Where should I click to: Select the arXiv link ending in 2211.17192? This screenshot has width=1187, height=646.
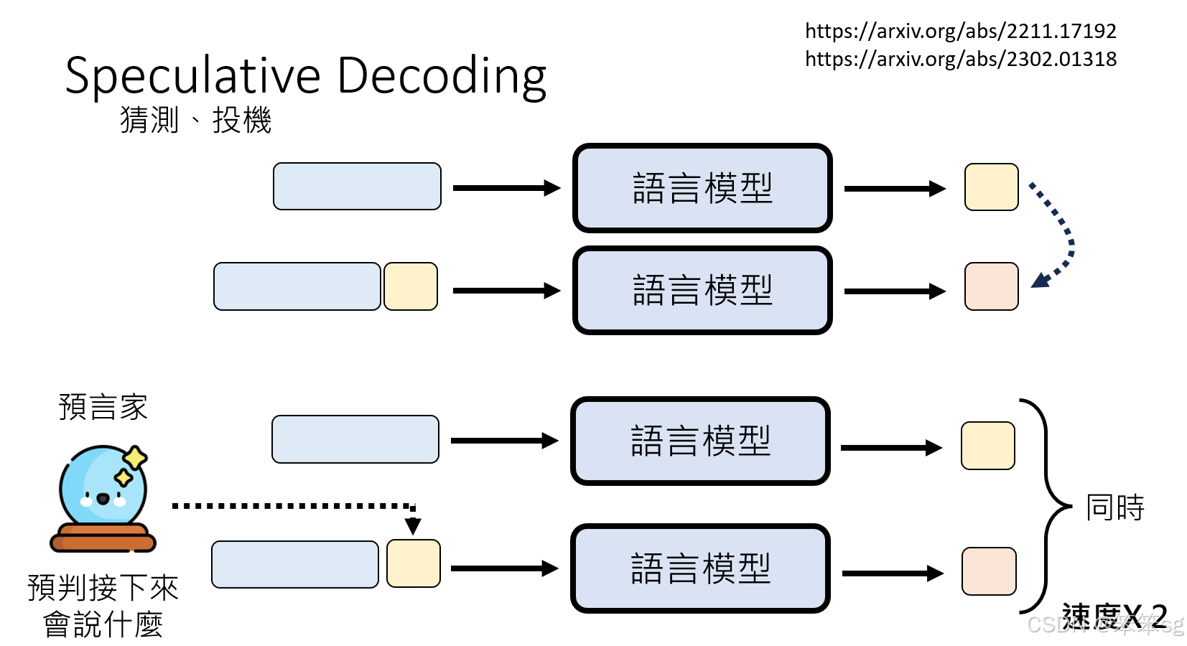click(960, 31)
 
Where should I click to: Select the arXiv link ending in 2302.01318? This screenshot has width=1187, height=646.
click(960, 59)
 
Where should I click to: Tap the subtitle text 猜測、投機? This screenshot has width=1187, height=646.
click(195, 120)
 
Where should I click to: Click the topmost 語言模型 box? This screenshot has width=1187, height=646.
click(702, 188)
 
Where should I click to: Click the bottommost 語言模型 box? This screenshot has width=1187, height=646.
click(700, 568)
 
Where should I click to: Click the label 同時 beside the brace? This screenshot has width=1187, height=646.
click(1114, 507)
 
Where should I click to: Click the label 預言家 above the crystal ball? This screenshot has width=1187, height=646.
click(103, 407)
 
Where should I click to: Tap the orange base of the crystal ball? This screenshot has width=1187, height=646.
click(103, 538)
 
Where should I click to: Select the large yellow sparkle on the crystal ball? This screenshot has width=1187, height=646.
click(134, 457)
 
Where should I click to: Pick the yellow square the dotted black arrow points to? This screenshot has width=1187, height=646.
click(413, 563)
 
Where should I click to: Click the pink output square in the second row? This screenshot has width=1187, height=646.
click(991, 286)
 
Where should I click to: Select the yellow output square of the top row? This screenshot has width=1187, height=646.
click(991, 187)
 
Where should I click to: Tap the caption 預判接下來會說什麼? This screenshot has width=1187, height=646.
click(103, 606)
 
